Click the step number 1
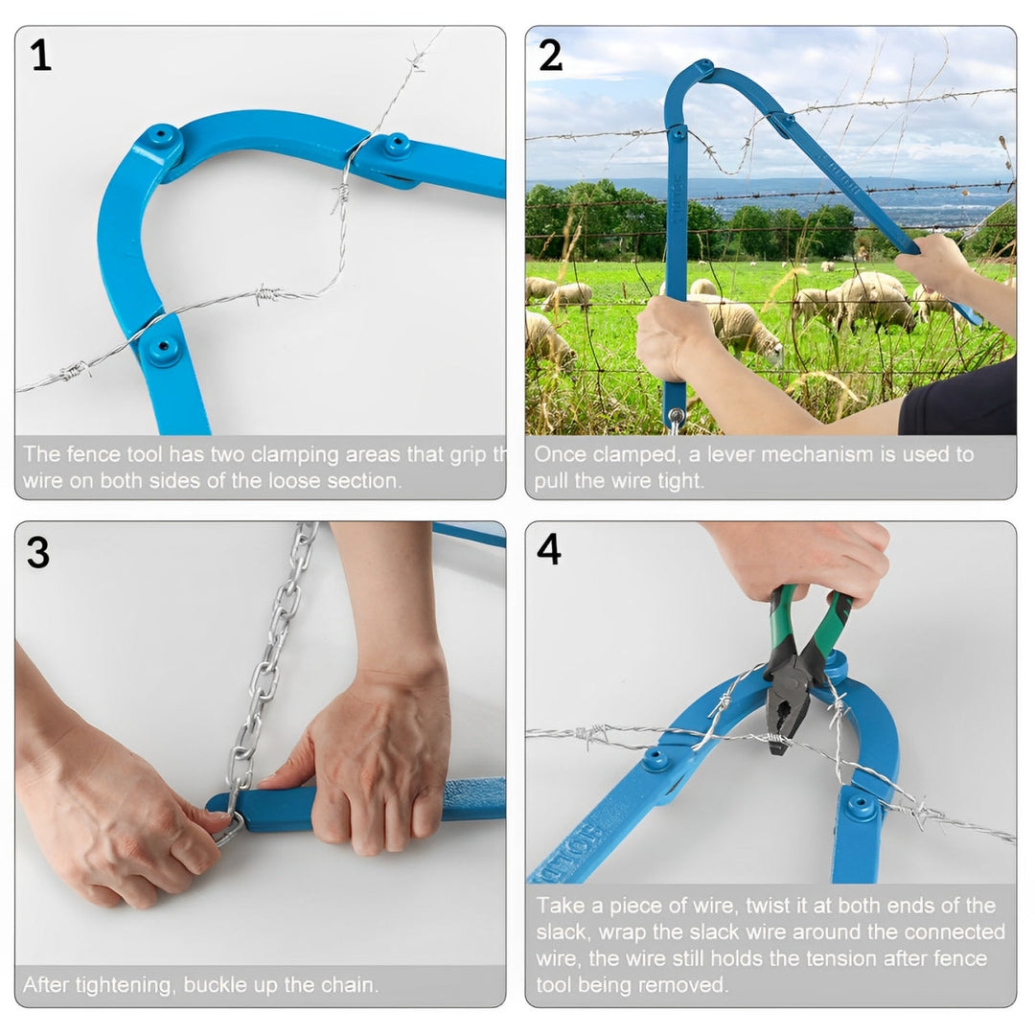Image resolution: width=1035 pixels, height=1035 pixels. (40, 57)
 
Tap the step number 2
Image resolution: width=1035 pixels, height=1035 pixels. (550, 57)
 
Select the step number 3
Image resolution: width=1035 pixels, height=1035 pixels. (38, 553)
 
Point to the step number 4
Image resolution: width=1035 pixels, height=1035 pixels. (549, 551)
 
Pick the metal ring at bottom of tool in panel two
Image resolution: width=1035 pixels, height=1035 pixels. (677, 418)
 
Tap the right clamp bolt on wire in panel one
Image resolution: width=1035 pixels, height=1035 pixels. (395, 147)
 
